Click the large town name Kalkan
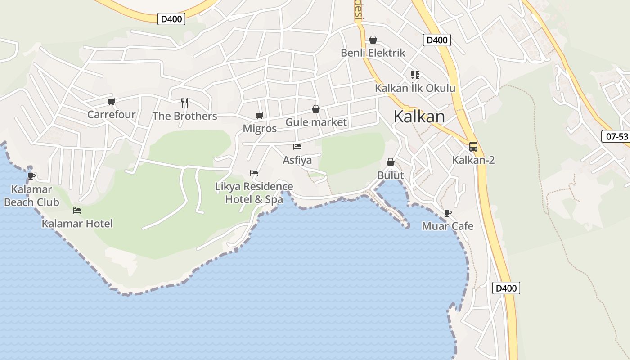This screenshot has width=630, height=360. pos(419,117)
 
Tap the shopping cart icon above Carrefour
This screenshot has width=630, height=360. pos(111,102)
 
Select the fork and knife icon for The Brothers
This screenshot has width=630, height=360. pos(184,103)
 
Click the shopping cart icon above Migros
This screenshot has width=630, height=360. pos(259,116)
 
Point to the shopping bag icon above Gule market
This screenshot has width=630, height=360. pos(316,109)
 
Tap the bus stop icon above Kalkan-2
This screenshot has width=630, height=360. pos(473,146)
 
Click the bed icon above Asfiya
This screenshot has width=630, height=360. pos(297,147)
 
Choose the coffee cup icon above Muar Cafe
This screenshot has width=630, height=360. pos(447,213)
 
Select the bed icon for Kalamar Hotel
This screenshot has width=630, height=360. pos(77,210)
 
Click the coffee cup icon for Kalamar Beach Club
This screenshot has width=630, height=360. pos(31,175)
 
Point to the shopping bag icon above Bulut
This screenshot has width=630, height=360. pos(391,162)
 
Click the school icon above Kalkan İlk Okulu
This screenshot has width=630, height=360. pos(415,75)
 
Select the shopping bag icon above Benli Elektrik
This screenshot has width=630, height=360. pos(373,40)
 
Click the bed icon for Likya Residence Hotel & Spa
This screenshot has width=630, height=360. pos(254,173)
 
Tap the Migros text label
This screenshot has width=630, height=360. pos(260,128)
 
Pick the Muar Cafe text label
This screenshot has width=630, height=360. pos(447,226)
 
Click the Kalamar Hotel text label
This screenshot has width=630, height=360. pos(77,223)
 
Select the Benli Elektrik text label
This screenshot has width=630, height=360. pos(373,53)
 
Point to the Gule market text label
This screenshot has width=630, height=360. pos(316,122)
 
